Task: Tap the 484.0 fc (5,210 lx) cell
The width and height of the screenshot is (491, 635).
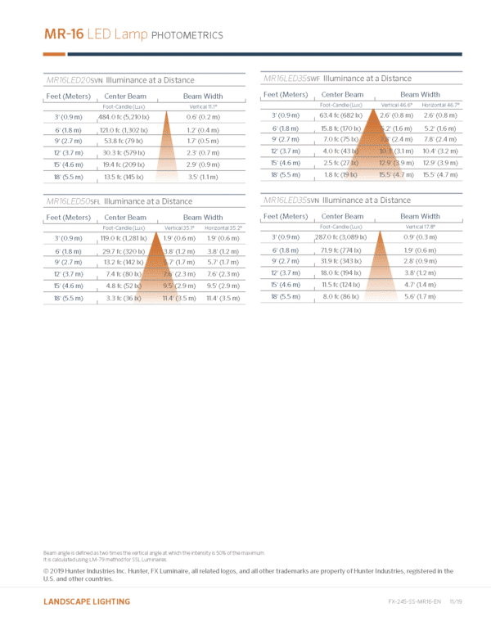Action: pos(124,117)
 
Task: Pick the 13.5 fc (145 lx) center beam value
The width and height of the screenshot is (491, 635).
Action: pos(124,177)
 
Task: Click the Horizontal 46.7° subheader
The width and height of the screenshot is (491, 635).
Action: pos(440,105)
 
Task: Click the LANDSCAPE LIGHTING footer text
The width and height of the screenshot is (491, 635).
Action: pos(87,601)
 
